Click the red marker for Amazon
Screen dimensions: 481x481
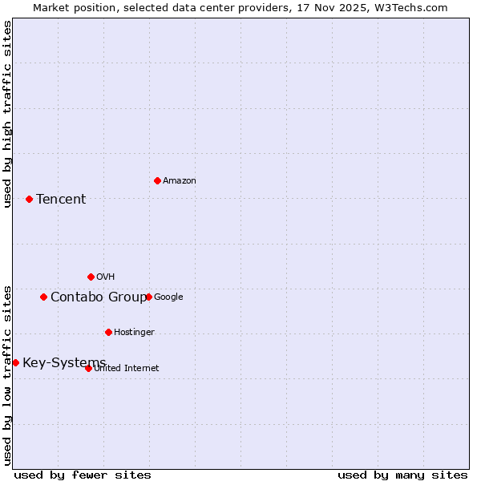[157, 180]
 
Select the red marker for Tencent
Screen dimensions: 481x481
[29, 199]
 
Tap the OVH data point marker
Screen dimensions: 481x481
[91, 277]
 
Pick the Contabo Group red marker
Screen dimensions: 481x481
[43, 297]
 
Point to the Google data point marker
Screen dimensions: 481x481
[148, 297]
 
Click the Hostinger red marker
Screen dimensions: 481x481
[108, 332]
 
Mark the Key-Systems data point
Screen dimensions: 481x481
[15, 362]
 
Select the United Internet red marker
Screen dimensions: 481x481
[88, 368]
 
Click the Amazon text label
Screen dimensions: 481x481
[179, 181]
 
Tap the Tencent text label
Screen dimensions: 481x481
[61, 200]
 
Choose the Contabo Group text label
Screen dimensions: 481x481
[98, 297]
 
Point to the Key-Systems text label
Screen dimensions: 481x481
[64, 363]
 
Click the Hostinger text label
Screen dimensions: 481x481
[134, 333]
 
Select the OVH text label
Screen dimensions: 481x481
[105, 277]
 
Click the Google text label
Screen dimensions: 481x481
[168, 297]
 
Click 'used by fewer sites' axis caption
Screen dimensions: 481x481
[83, 475]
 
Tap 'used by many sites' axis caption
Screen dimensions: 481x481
[402, 475]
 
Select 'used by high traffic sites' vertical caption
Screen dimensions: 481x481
[7, 114]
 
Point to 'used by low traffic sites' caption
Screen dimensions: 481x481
[7, 375]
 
